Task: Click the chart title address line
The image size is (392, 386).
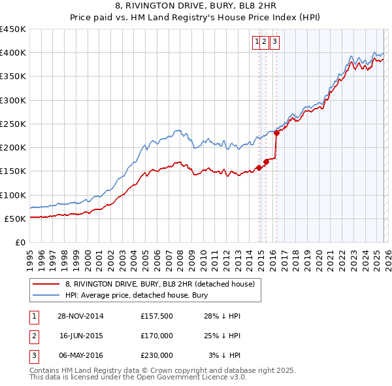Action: pos(196,7)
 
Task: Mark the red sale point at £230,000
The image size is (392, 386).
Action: pos(276,133)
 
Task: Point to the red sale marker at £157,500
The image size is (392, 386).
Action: pos(259,167)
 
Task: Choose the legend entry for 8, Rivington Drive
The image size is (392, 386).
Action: pos(163,284)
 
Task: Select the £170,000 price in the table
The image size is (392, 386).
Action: pos(156,336)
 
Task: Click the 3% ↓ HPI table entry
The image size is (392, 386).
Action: pos(225,355)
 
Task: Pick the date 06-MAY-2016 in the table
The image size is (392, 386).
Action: pos(80,355)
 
